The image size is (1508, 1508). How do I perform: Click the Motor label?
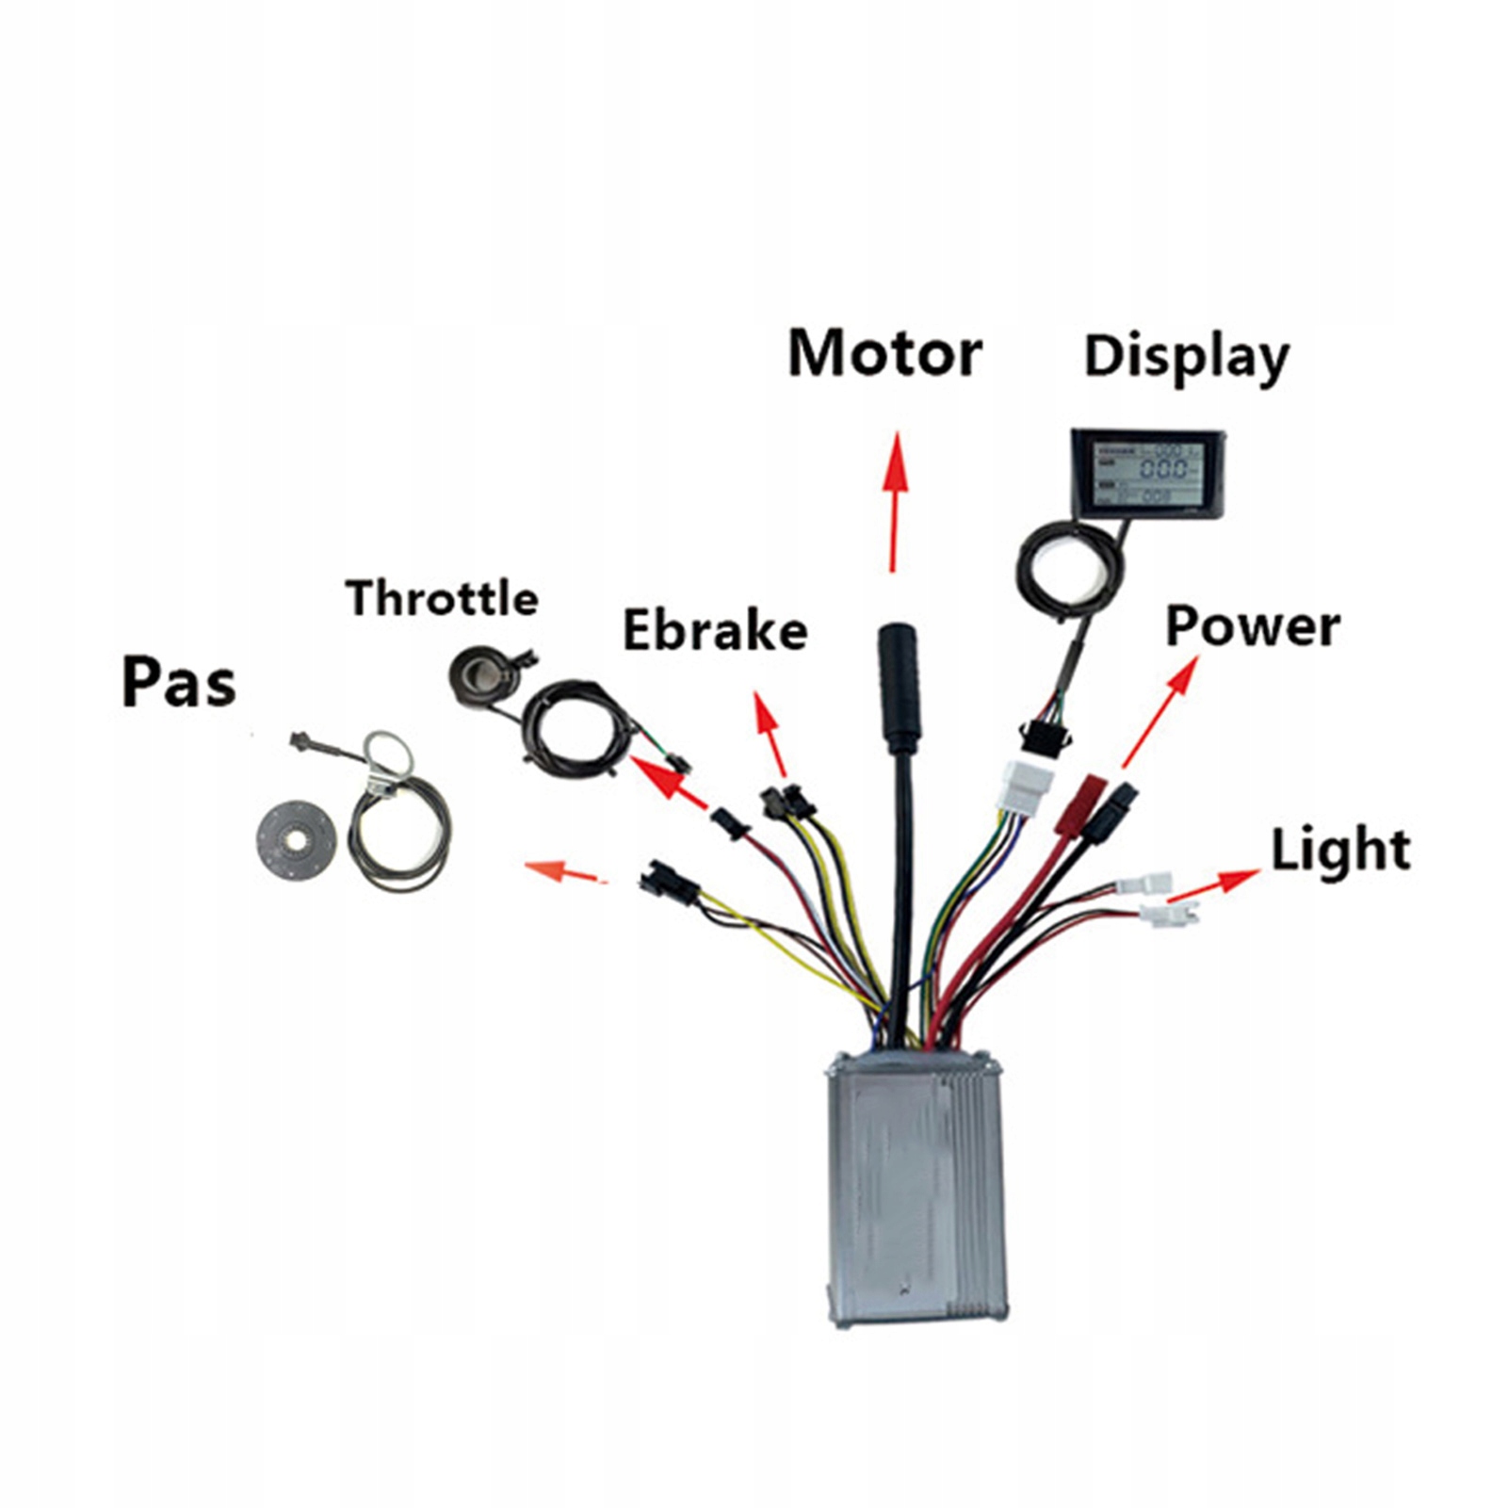point(884,354)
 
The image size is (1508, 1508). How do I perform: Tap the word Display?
point(1186,358)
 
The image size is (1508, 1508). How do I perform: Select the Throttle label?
point(442,598)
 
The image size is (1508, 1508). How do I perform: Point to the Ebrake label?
point(715,631)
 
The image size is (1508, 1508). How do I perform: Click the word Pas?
point(179,682)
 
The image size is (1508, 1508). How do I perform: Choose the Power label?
point(1252,626)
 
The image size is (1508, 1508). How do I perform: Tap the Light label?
point(1340,850)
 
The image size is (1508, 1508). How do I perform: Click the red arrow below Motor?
point(894,500)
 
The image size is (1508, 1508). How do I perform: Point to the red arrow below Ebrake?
point(770,736)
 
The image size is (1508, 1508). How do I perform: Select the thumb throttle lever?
point(480,676)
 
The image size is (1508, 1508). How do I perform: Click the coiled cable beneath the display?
point(1071,571)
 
